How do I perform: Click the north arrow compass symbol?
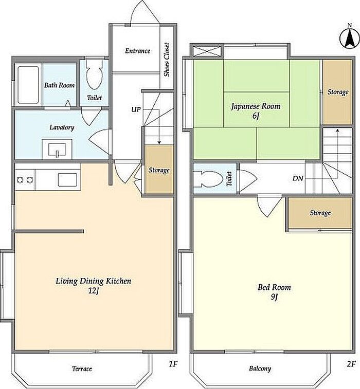pyautogui.click(x=350, y=38)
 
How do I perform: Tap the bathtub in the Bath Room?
pyautogui.click(x=28, y=85)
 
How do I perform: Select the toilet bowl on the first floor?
pyautogui.click(x=94, y=74)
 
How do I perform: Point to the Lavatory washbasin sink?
pyautogui.click(x=57, y=149)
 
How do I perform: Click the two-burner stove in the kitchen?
pyautogui.click(x=25, y=180)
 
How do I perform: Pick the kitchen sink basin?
pyautogui.click(x=67, y=180)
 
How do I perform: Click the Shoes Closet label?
pyautogui.click(x=167, y=60)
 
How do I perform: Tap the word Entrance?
pyautogui.click(x=137, y=51)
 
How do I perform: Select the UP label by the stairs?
pyautogui.click(x=136, y=109)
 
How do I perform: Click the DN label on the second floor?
pyautogui.click(x=298, y=178)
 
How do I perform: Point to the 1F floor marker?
pyautogui.click(x=173, y=364)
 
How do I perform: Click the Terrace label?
pyautogui.click(x=82, y=368)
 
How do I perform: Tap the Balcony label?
pyautogui.click(x=260, y=368)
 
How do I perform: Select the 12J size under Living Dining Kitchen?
pyautogui.click(x=94, y=291)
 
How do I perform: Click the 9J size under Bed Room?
pyautogui.click(x=274, y=297)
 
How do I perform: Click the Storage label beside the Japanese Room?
pyautogui.click(x=338, y=92)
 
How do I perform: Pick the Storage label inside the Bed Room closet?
pyautogui.click(x=320, y=213)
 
